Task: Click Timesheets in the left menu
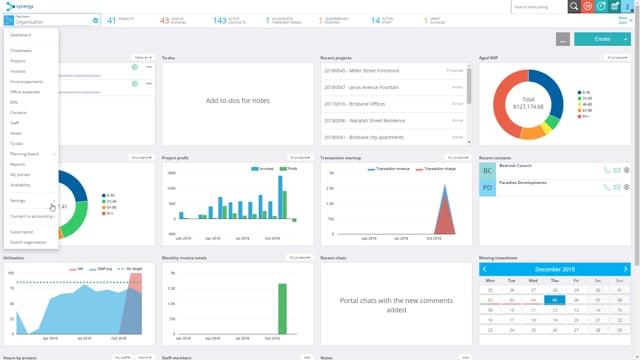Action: click(x=21, y=49)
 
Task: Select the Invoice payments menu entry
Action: click(x=27, y=81)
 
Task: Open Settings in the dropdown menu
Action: click(x=18, y=200)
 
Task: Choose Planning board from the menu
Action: click(x=25, y=154)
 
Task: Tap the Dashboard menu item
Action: click(x=21, y=34)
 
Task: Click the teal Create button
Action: click(x=601, y=39)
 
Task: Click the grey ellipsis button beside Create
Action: click(x=564, y=39)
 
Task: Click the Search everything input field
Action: click(x=539, y=6)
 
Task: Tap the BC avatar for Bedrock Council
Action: click(x=488, y=171)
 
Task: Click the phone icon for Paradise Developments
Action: click(x=606, y=187)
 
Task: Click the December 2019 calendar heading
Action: click(x=554, y=269)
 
